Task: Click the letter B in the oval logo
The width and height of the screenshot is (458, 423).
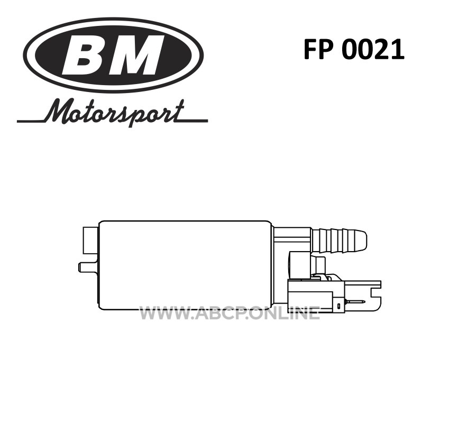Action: tap(85, 55)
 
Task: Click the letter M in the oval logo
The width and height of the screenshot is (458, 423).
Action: tap(135, 55)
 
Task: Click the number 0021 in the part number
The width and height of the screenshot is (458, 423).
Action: tap(373, 50)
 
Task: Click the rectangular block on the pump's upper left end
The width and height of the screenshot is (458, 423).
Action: tap(91, 240)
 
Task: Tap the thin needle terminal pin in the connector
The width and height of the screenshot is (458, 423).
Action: tap(355, 302)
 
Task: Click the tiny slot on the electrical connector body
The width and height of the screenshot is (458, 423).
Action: tap(338, 306)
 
